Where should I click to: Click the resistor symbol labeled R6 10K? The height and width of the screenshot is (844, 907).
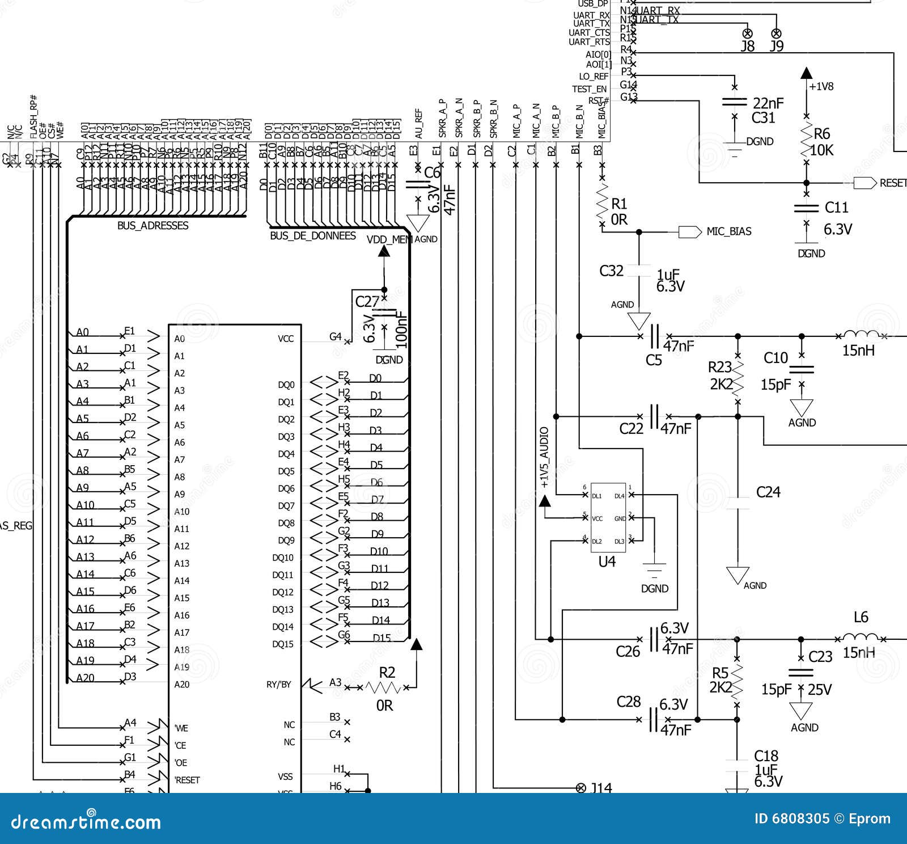pyautogui.click(x=806, y=141)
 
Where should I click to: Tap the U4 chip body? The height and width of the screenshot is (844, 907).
pyautogui.click(x=608, y=517)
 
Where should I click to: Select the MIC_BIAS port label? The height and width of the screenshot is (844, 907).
pyautogui.click(x=728, y=231)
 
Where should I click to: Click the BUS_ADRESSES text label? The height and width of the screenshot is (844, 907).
pyautogui.click(x=152, y=225)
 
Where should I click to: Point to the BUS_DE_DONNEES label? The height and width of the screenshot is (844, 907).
pyautogui.click(x=312, y=235)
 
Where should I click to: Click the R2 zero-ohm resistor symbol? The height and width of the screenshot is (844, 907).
pyautogui.click(x=384, y=687)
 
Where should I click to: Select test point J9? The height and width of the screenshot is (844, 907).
pyautogui.click(x=777, y=33)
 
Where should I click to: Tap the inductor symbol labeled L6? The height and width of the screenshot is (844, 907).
pyautogui.click(x=861, y=638)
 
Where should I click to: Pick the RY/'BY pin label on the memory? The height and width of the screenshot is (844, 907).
pyautogui.click(x=278, y=685)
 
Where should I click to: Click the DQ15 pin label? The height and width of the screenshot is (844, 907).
pyautogui.click(x=283, y=644)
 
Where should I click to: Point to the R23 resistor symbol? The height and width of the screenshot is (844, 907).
pyautogui.click(x=738, y=377)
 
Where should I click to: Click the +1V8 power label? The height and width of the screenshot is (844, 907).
pyautogui.click(x=821, y=87)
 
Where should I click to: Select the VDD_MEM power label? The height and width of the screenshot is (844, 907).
pyautogui.click(x=389, y=239)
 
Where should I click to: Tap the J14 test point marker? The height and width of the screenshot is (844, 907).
pyautogui.click(x=580, y=788)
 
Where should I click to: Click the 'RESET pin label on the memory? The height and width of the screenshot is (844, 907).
pyautogui.click(x=187, y=780)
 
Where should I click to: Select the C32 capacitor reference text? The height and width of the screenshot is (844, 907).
pyautogui.click(x=611, y=271)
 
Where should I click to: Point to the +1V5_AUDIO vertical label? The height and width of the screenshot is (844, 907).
pyautogui.click(x=544, y=457)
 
